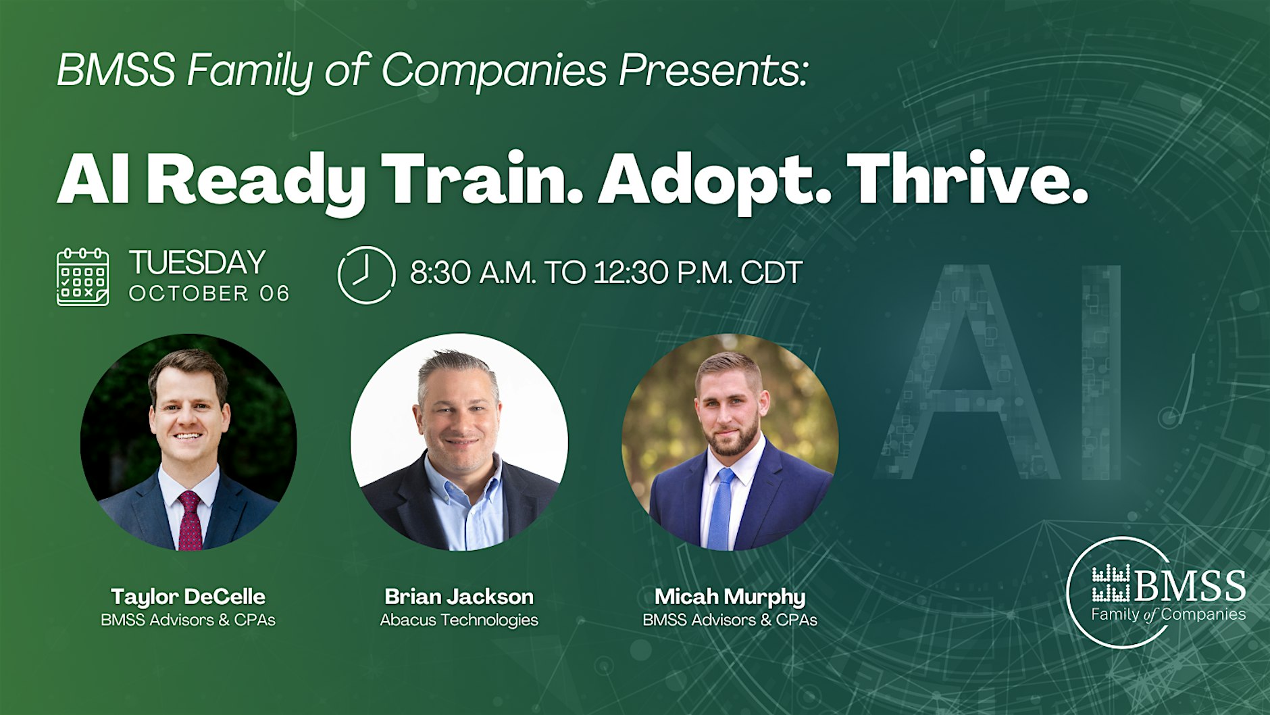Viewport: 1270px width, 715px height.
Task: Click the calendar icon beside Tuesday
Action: click(82, 277)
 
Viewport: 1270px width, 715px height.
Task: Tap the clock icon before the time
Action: click(366, 274)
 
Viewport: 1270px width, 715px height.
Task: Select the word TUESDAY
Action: click(197, 262)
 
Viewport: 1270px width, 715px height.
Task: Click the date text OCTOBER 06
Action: click(209, 293)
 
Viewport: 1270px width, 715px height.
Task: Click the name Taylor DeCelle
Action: click(188, 597)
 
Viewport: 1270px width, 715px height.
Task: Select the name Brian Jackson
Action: click(459, 597)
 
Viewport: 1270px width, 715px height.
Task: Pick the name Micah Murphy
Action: click(730, 597)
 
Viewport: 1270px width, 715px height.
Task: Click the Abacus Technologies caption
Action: click(459, 620)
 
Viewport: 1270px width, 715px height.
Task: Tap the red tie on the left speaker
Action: click(190, 520)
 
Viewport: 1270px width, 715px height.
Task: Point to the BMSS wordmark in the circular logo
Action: click(1190, 585)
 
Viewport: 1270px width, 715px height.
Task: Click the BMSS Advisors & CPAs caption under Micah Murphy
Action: click(730, 620)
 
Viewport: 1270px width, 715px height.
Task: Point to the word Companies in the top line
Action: click(494, 70)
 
